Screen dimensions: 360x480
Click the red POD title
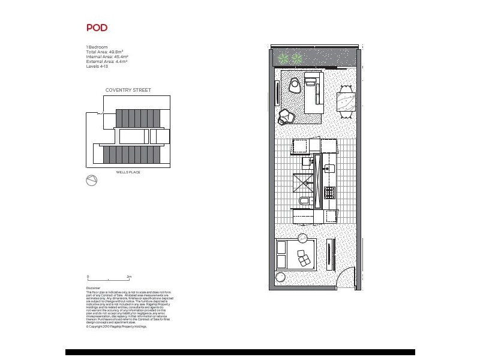pyautogui.click(x=97, y=28)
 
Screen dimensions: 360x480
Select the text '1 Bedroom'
pyautogui.click(x=97, y=47)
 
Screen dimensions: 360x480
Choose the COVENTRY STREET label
pyautogui.click(x=128, y=90)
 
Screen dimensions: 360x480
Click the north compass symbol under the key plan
pyautogui.click(x=92, y=181)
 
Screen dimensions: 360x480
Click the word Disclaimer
pyautogui.click(x=94, y=288)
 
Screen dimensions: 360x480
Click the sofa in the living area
pyautogui.click(x=313, y=93)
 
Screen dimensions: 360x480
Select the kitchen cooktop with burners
pyautogui.click(x=329, y=193)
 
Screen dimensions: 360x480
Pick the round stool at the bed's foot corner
pyautogui.click(x=281, y=277)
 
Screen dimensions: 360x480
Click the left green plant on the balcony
pyautogui.click(x=282, y=59)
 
